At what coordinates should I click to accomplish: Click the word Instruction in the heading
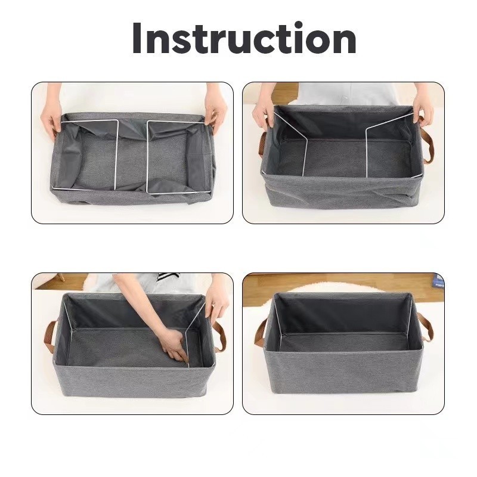tap(244, 38)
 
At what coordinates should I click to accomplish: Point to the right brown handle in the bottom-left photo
tap(220, 337)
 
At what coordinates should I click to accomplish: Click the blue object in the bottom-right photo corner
tap(438, 281)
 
